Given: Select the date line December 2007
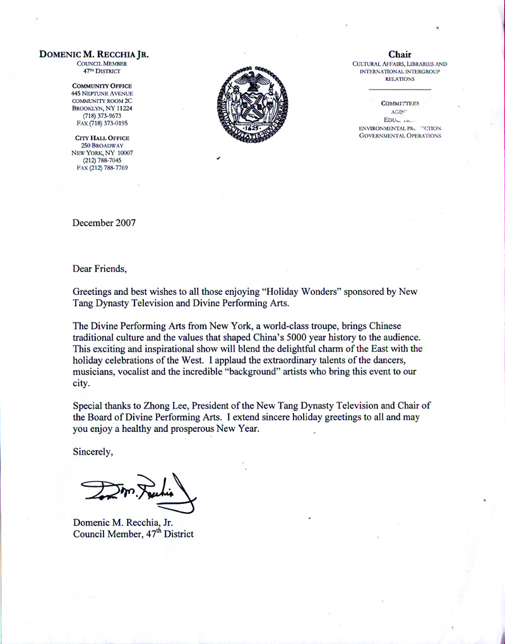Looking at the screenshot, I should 105,222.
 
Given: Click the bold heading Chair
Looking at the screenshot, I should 401,55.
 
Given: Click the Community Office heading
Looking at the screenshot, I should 102,86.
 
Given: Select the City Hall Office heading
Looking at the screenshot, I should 102,138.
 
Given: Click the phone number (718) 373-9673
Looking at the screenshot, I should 102,116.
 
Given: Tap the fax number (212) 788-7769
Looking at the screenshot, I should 102,168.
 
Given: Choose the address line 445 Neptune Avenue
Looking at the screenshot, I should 102,93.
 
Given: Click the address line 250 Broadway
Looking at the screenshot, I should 102,145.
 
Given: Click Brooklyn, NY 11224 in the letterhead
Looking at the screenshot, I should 102,108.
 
